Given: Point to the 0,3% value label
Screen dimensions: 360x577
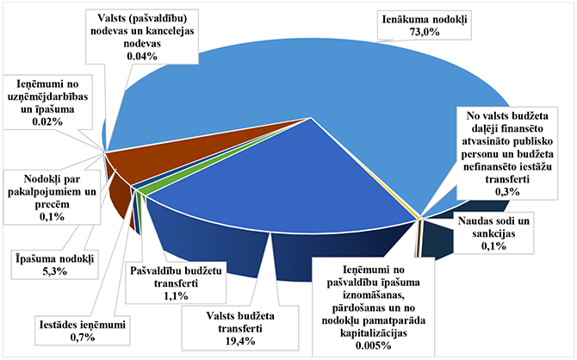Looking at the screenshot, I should (506, 191).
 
